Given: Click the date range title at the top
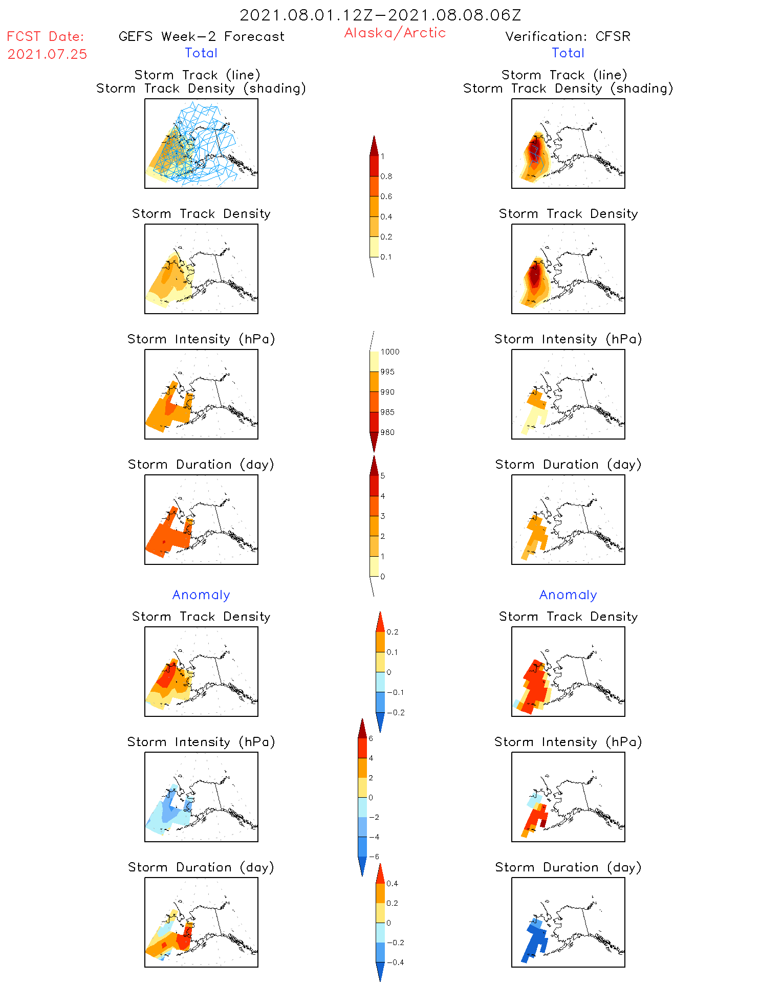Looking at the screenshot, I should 380,15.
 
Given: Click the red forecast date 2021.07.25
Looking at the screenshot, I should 47,54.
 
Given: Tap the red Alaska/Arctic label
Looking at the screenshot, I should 395,33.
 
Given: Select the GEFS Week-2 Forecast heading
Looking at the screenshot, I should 201,36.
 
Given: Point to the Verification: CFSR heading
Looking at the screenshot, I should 568,36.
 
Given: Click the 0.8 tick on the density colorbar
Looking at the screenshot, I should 386,177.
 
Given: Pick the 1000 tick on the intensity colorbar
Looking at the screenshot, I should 389,352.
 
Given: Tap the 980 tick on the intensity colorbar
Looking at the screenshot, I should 387,432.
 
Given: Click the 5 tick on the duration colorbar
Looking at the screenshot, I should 383,476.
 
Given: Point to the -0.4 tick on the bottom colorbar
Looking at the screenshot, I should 395,962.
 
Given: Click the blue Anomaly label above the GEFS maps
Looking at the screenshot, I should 201,595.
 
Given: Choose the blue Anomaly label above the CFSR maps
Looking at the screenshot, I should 568,595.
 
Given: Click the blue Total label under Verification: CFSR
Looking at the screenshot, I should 568,53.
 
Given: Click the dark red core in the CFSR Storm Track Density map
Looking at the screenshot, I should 535,276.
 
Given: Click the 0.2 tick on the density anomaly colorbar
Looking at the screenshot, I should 392,632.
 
